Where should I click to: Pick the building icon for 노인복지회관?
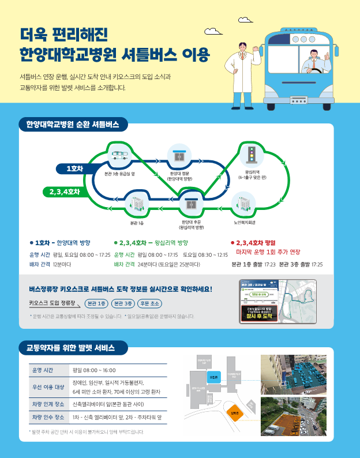(243, 204)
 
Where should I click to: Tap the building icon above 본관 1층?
(137, 203)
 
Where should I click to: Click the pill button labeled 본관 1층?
(96, 303)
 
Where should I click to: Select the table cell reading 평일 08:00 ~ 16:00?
(94, 370)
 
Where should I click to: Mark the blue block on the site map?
(213, 378)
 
